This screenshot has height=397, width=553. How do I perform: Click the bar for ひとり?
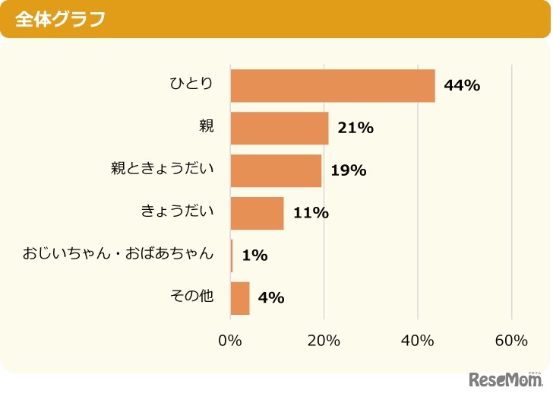[333, 85]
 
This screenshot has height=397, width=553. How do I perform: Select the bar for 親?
[280, 128]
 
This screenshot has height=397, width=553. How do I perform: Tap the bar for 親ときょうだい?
[276, 170]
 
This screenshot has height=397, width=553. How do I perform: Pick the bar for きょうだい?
[258, 213]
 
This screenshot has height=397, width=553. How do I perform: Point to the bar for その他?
[240, 297]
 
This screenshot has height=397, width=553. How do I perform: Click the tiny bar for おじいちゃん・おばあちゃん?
[232, 256]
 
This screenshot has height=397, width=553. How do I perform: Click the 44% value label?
[462, 85]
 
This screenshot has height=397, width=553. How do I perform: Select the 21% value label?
[355, 128]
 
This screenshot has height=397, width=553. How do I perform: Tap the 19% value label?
[349, 170]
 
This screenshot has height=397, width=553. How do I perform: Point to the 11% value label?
[311, 213]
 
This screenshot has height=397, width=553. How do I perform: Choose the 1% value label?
[254, 256]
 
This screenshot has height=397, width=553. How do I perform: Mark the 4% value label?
[271, 297]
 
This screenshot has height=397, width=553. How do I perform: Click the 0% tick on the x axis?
[230, 341]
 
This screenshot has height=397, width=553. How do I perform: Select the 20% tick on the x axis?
[324, 341]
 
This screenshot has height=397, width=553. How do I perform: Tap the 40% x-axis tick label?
[418, 341]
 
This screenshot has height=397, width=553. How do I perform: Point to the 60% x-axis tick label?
[511, 341]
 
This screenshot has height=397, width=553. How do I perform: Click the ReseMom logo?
[505, 379]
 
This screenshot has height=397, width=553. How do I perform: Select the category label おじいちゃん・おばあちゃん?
[118, 253]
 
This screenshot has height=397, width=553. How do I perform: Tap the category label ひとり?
[191, 84]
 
